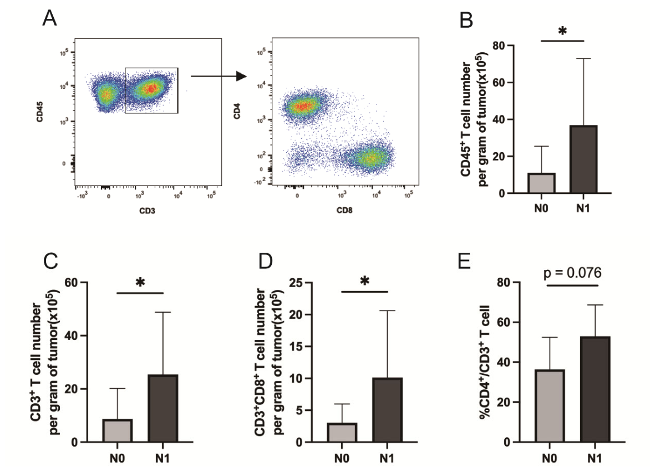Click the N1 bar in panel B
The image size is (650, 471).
pos(583,159)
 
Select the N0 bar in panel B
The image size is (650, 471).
pos(541,183)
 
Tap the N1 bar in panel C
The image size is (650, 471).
pos(163,408)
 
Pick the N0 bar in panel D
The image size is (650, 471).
pos(342,433)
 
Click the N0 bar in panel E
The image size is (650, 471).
pos(550,406)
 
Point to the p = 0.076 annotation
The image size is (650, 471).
pos(572,273)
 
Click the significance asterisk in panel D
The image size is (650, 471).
pos(365,281)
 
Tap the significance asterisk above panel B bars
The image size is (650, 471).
pos(562,31)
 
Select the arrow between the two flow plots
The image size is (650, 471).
pos(219,76)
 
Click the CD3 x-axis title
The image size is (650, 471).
pos(147,211)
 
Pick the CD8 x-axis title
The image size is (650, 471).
pos(344,211)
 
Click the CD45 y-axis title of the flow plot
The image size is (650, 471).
pos(40,112)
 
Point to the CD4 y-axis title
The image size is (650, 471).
pos(237,111)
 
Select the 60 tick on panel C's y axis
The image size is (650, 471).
pos(72,282)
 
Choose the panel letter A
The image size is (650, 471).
pos(50,18)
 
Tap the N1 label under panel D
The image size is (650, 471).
pos(387,458)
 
